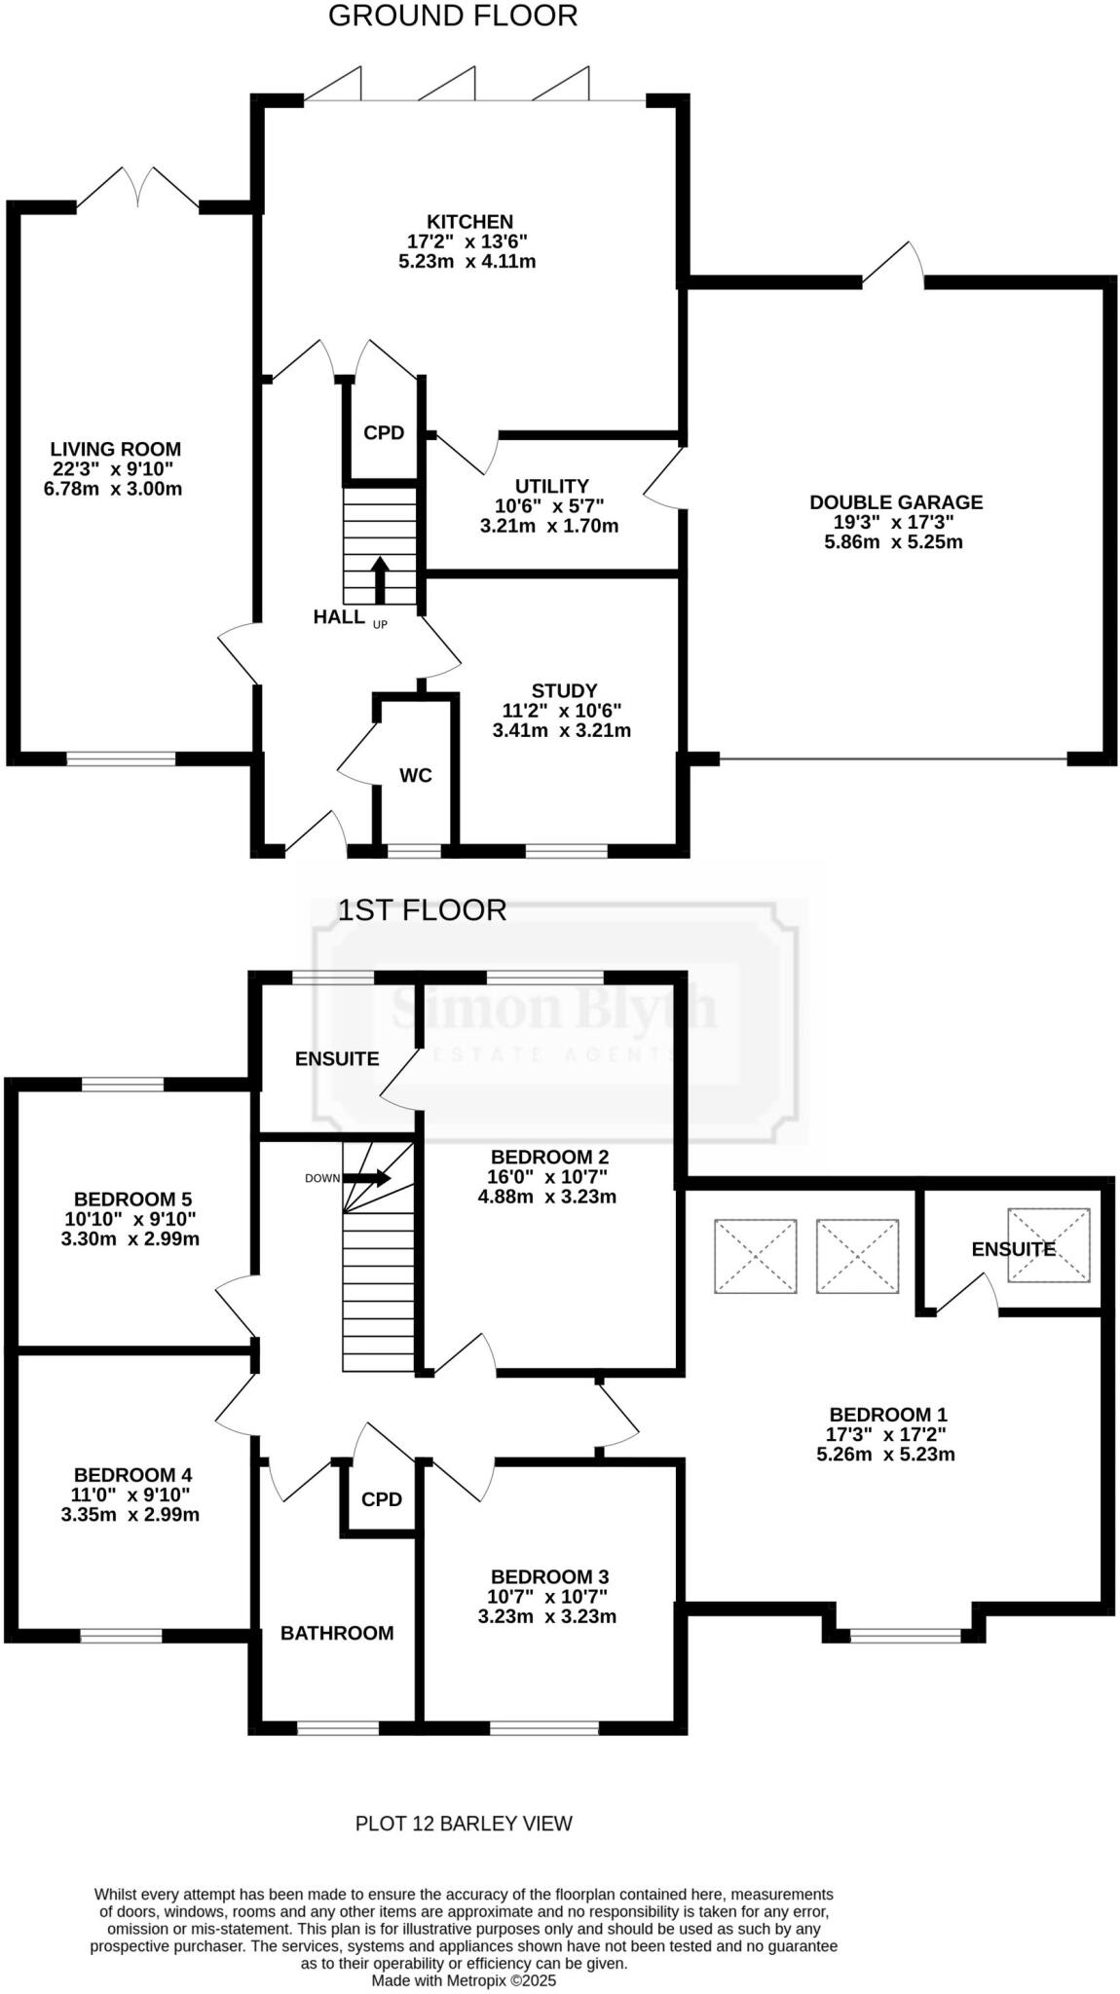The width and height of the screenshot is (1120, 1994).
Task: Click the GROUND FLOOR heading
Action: [x=452, y=17]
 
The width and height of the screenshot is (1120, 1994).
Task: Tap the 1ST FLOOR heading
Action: [x=422, y=910]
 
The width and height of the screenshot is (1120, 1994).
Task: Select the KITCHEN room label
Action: [x=468, y=222]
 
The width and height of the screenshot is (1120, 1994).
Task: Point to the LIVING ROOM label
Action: [x=116, y=449]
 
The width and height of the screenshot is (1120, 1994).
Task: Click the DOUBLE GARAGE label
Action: [x=896, y=502]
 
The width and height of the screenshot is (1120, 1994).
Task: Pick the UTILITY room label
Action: [x=551, y=486]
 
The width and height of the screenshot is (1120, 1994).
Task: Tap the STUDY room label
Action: [x=564, y=691]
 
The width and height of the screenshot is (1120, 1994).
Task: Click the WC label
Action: [x=416, y=776]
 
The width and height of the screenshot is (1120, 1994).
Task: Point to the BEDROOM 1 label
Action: [x=887, y=1415]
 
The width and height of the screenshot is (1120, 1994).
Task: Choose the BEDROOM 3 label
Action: [x=549, y=1576]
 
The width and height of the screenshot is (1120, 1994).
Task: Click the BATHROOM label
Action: [x=337, y=1633]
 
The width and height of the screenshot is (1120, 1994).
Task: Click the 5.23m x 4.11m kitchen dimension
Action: [x=467, y=261]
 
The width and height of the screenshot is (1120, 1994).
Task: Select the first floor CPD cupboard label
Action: [x=382, y=1499]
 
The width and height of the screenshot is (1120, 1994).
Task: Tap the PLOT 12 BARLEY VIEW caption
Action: [x=464, y=1824]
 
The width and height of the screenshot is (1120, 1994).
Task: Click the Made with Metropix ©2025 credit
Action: [x=464, y=1980]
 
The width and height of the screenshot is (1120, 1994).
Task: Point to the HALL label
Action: [x=339, y=616]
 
